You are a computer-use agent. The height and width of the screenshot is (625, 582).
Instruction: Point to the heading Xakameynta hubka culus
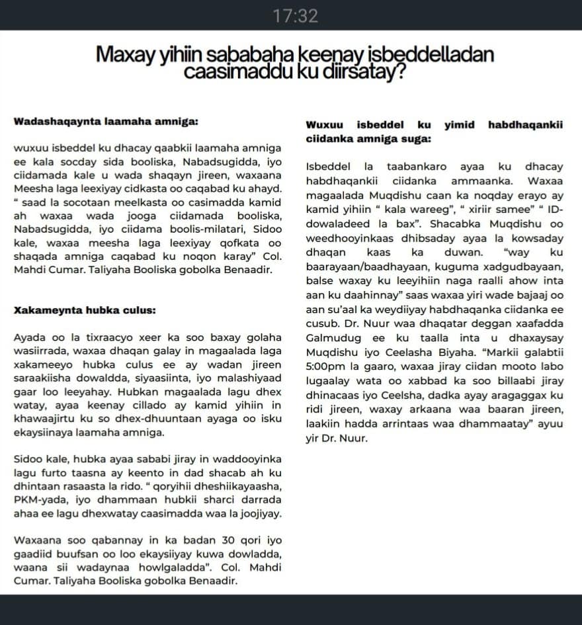pos(85,309)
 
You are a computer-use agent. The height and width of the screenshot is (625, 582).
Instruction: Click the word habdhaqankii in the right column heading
pos(525,124)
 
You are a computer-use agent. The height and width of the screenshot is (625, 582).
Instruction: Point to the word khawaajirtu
pos(44,419)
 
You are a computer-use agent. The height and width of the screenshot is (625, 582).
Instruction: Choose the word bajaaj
pos(538,296)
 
